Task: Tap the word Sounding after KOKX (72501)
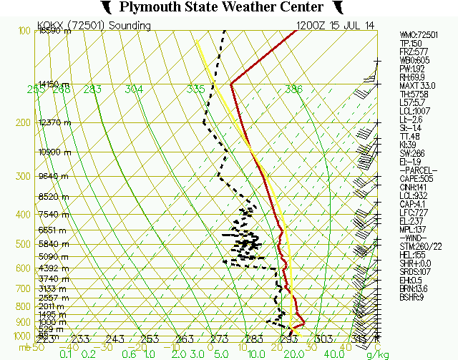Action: [130, 26]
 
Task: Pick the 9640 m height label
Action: [54, 176]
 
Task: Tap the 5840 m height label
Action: [54, 244]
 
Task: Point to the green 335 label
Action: [195, 89]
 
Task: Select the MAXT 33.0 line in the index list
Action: [416, 85]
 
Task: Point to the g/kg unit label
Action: [376, 354]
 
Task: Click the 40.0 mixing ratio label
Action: [332, 354]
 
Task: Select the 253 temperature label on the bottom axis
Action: [149, 339]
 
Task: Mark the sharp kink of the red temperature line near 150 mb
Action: [231, 83]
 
